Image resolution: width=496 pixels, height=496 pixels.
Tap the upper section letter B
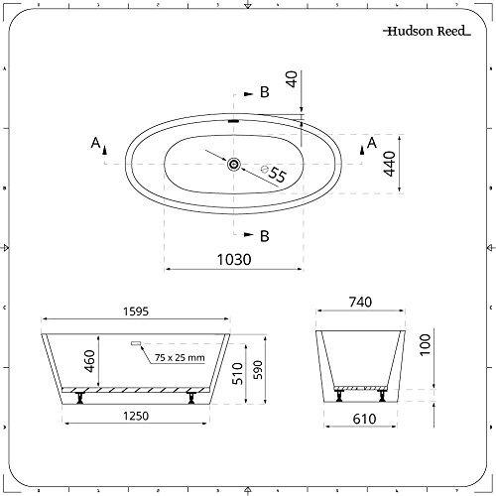coord(265,93)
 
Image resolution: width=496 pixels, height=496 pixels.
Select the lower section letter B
coord(264,236)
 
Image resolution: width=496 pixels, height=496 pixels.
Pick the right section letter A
coord(372,145)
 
